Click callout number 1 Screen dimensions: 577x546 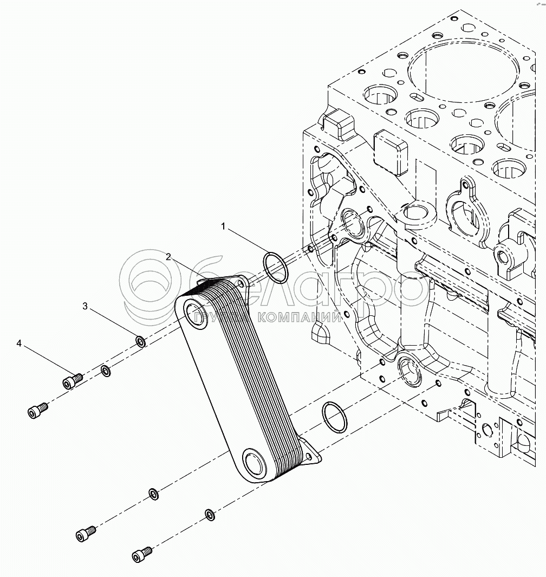pyautogui.click(x=223, y=226)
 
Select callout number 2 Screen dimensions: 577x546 pyautogui.click(x=168, y=257)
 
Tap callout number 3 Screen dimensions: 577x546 pyautogui.click(x=85, y=307)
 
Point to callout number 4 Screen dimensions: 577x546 pyautogui.click(x=19, y=343)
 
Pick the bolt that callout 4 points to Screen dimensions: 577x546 pyautogui.click(x=71, y=381)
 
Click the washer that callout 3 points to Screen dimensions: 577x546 pyautogui.click(x=140, y=341)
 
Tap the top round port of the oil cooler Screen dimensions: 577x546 pyautogui.click(x=194, y=315)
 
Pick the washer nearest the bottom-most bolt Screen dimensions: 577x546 pyautogui.click(x=209, y=514)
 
